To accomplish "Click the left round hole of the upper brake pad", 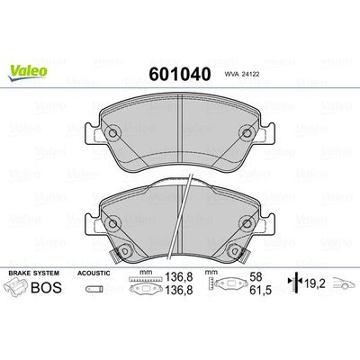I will pyautogui.click(x=114, y=135).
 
